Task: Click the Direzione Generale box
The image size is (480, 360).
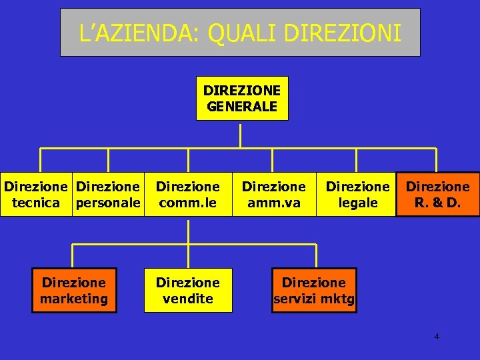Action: tap(242, 98)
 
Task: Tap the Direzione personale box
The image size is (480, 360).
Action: tap(109, 195)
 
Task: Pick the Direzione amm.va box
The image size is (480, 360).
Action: tap(273, 195)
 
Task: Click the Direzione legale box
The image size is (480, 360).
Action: tap(357, 195)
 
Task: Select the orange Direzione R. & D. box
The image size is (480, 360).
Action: tap(438, 195)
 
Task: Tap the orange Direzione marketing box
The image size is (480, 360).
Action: tap(73, 290)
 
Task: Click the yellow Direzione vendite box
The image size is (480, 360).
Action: tap(188, 290)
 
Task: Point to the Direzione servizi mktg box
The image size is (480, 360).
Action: tap(313, 290)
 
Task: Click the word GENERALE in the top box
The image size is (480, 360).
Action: tap(242, 106)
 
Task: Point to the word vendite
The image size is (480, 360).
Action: tap(188, 299)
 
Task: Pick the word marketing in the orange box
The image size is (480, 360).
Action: tap(73, 299)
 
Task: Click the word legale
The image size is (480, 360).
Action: tap(358, 203)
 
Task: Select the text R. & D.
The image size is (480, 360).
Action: tap(438, 203)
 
